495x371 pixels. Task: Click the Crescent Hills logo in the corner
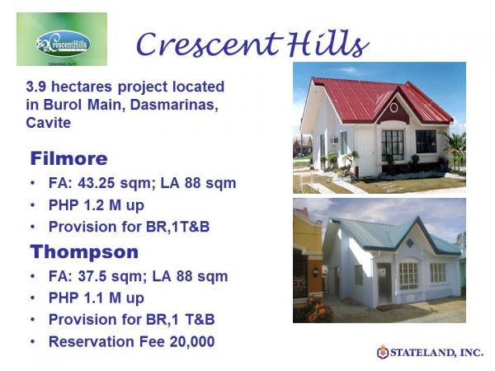click(62, 40)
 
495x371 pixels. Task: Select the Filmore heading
click(69, 158)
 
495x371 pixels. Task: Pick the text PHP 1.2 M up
click(96, 204)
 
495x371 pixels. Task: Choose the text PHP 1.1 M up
click(96, 298)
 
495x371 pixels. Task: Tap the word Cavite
click(49, 123)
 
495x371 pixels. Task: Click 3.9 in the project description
click(37, 86)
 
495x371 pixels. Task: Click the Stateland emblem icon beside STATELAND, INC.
click(383, 352)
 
